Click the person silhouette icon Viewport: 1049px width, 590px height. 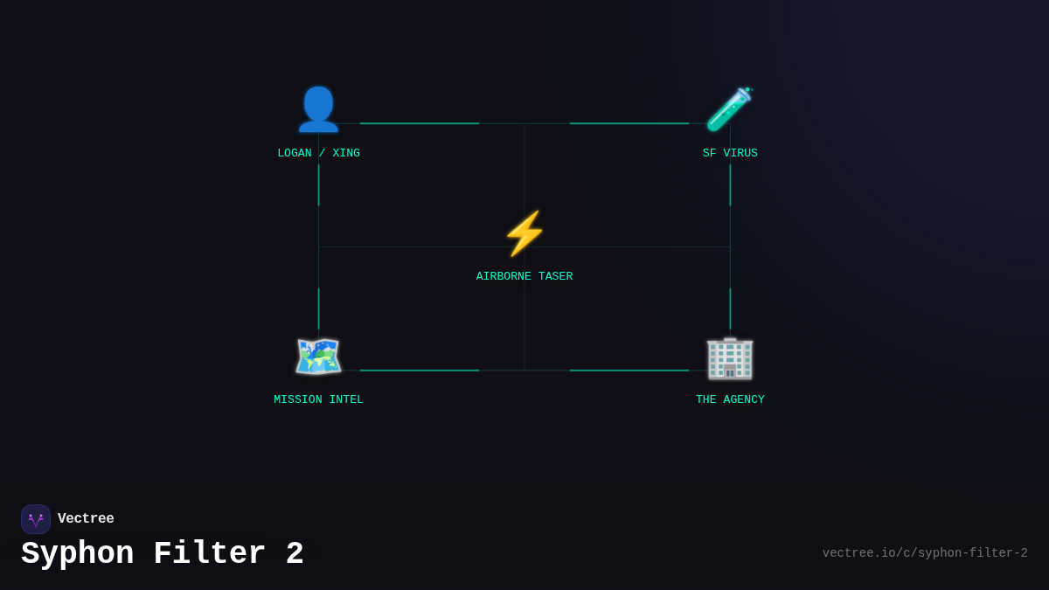(x=318, y=110)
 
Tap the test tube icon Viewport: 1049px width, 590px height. (x=729, y=110)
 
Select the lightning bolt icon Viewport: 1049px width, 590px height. (x=524, y=233)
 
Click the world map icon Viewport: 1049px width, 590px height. (x=318, y=357)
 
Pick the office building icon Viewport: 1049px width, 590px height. (x=730, y=357)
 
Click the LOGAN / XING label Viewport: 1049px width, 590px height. (x=318, y=154)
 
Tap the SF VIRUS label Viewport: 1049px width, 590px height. (x=730, y=154)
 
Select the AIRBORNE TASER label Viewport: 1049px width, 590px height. (x=524, y=277)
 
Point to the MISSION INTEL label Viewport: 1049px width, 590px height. (x=318, y=400)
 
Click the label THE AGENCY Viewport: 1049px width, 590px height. (x=730, y=400)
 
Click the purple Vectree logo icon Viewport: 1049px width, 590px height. (x=36, y=519)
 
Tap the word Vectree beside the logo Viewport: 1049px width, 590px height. (x=86, y=519)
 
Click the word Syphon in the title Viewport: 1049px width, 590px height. (x=78, y=554)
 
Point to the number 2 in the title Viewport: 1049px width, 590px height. (x=294, y=554)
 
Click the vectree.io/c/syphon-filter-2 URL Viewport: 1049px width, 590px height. (x=925, y=553)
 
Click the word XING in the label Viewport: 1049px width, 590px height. (x=346, y=154)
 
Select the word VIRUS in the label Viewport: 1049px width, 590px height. (x=740, y=154)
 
